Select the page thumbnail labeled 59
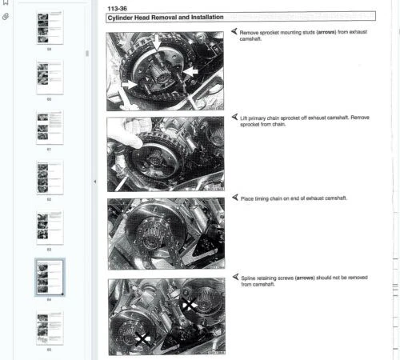49,26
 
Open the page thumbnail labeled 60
49,75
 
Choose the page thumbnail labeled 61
49,126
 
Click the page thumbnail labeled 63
49,226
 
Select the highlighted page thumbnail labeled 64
49,277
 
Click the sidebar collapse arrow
95,181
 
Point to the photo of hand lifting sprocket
166,154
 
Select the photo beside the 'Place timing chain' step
166,233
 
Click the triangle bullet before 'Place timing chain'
234,197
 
